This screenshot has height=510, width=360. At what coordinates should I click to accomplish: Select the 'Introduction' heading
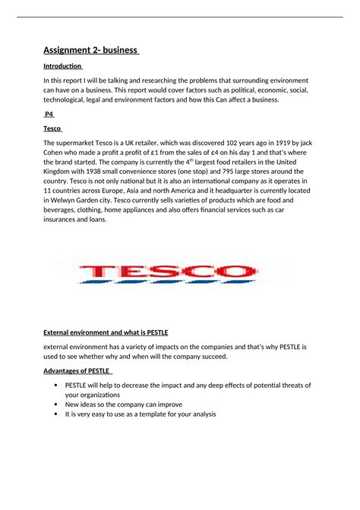pyautogui.click(x=63, y=66)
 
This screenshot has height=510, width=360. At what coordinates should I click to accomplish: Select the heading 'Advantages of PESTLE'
pyautogui.click(x=77, y=370)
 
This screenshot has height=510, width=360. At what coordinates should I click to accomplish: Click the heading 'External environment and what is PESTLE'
pyautogui.click(x=106, y=332)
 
